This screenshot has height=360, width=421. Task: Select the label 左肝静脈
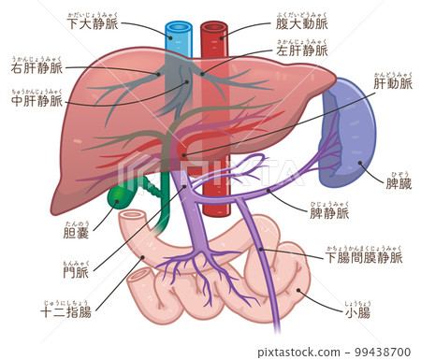[x=302, y=50]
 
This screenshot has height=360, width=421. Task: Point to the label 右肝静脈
[x=36, y=68]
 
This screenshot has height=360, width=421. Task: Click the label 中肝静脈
[x=36, y=100]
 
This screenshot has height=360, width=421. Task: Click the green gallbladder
[x=123, y=195]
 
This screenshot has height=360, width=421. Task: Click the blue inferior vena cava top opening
[x=177, y=27]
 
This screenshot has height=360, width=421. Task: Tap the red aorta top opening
[x=213, y=27]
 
